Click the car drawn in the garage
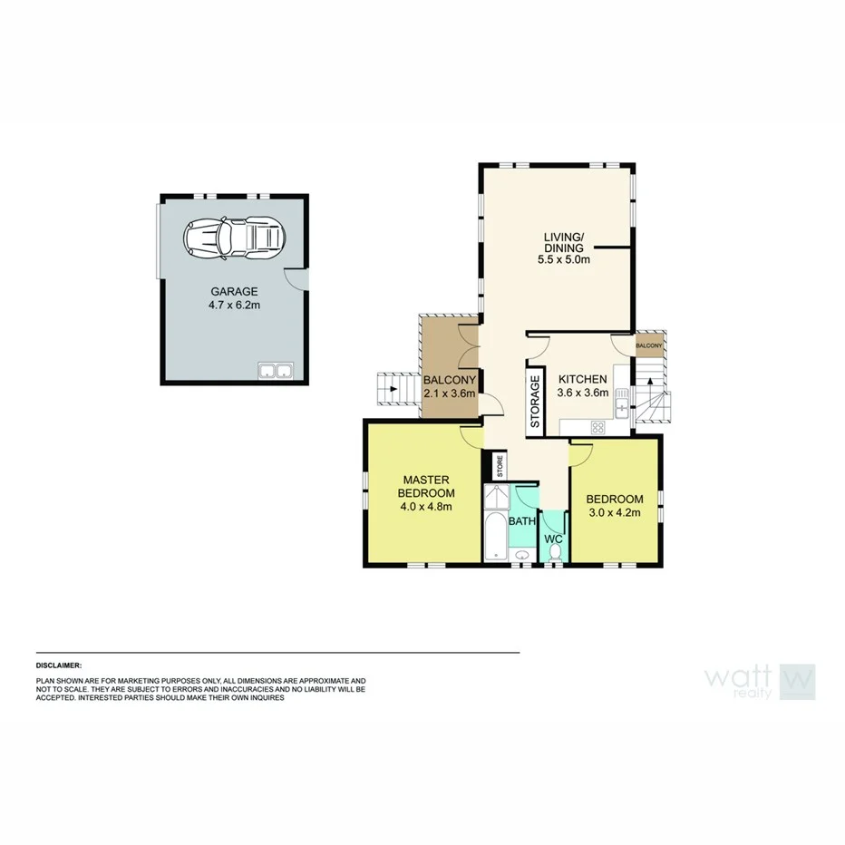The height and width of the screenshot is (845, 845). click(x=234, y=239)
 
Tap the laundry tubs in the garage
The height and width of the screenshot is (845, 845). click(x=275, y=370)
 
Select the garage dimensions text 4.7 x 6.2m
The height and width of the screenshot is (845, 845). click(x=235, y=306)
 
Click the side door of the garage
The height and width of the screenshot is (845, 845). click(x=296, y=278)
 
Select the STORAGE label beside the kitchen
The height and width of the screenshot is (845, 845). click(x=535, y=401)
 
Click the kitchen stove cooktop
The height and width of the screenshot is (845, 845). click(x=597, y=427)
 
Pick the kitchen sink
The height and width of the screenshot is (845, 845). click(x=622, y=402)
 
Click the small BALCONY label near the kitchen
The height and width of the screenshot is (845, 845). click(x=648, y=345)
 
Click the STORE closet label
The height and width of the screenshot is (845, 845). click(x=499, y=466)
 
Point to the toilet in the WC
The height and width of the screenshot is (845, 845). click(x=555, y=549)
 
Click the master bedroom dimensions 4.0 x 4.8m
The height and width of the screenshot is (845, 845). click(x=426, y=506)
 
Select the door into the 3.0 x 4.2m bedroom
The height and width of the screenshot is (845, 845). click(x=581, y=451)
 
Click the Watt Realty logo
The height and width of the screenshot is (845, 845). click(x=760, y=682)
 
